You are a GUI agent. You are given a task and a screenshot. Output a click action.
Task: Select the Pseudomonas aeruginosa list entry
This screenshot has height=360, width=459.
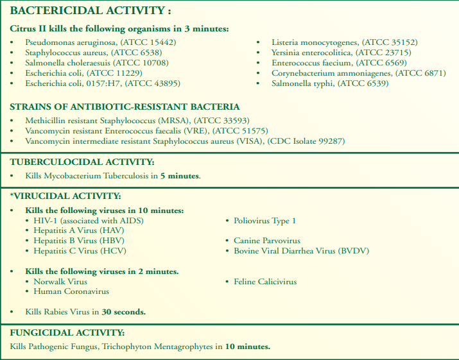coord(100,42)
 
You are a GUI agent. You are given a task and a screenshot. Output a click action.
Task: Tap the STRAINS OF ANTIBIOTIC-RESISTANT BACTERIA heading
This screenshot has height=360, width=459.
coord(125,107)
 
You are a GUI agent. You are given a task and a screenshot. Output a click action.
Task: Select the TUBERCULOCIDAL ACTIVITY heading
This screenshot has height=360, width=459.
coord(82,162)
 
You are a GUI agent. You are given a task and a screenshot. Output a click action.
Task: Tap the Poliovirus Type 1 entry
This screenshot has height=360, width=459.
coord(264,221)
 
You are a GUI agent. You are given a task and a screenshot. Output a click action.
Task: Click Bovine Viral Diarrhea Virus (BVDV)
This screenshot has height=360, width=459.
coord(301,251)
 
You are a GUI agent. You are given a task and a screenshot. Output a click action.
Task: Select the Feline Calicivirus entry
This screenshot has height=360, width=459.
coord(264,281)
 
